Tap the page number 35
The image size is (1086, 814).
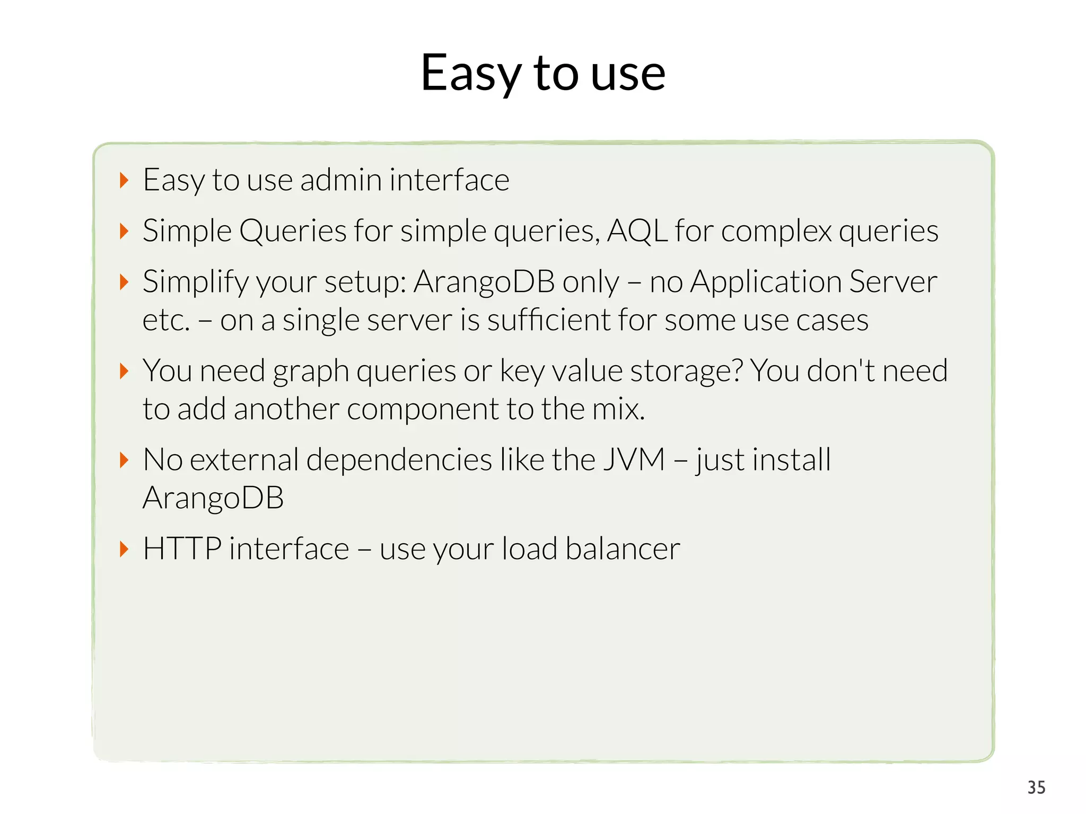click(x=1036, y=788)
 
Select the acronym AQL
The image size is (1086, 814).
click(x=637, y=231)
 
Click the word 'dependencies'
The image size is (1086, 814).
click(x=399, y=459)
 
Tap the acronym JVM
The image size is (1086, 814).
click(x=634, y=459)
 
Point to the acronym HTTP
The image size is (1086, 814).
click(x=182, y=548)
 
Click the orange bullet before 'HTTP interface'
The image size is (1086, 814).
click(x=124, y=549)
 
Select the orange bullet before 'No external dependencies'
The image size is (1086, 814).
click(x=124, y=460)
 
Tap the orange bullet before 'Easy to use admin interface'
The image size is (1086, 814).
click(x=124, y=181)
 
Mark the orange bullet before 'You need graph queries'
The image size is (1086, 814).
click(x=124, y=371)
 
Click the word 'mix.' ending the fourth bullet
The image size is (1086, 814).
click(x=618, y=410)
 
